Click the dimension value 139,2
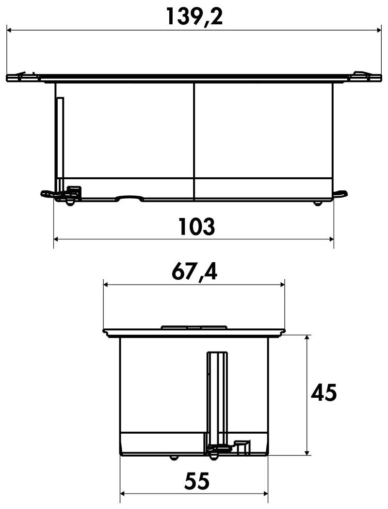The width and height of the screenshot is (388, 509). pos(194,17)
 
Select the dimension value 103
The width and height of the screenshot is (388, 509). pos(197,226)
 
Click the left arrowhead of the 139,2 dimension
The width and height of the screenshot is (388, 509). pos(9,30)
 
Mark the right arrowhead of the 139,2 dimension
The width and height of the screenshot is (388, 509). pos(379,30)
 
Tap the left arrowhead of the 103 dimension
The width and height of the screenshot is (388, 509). pos(56,239)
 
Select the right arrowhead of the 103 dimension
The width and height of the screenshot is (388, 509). pos(331,239)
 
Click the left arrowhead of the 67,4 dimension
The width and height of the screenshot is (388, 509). pos(106,285)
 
